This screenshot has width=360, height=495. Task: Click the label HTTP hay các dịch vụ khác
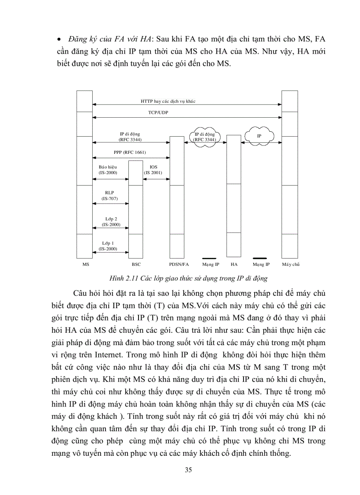click(x=168, y=101)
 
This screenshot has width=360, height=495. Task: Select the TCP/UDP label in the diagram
click(x=158, y=113)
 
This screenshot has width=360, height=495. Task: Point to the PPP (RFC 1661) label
click(x=130, y=153)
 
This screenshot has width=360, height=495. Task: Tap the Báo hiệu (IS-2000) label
click(x=108, y=170)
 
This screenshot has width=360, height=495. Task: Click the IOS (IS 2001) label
click(x=153, y=170)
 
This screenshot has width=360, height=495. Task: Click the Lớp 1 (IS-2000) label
click(x=108, y=246)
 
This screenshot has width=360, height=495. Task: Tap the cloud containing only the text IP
click(x=259, y=136)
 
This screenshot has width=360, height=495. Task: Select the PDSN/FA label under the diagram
click(x=179, y=264)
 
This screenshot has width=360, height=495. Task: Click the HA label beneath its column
click(x=234, y=264)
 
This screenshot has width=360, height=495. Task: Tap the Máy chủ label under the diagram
click(x=291, y=264)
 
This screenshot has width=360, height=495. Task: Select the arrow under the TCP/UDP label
click(x=187, y=118)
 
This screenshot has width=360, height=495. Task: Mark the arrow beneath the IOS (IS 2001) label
click(x=153, y=179)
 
